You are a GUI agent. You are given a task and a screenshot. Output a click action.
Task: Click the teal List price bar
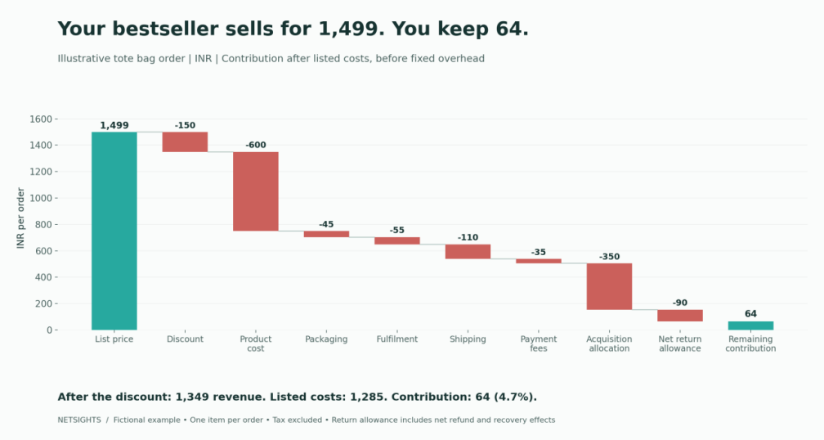pyautogui.click(x=114, y=231)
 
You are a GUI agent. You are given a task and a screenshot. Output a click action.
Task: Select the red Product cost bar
pyautogui.click(x=256, y=191)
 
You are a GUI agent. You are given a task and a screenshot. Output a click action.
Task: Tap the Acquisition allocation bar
pyautogui.click(x=610, y=286)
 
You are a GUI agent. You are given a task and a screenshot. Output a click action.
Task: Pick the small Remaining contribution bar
pyautogui.click(x=750, y=326)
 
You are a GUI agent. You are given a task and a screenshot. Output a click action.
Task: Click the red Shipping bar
pyautogui.click(x=468, y=251)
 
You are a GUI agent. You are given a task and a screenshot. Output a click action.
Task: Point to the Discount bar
pyautogui.click(x=185, y=142)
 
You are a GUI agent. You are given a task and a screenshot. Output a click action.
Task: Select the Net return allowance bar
pyautogui.click(x=680, y=316)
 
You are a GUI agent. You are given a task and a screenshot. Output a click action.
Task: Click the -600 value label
pyautogui.click(x=256, y=145)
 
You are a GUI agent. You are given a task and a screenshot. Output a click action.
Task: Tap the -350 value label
pyautogui.click(x=610, y=257)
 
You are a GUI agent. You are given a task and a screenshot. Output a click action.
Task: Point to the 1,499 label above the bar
pyautogui.click(x=114, y=125)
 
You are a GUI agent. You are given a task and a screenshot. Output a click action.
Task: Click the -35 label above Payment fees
pyautogui.click(x=539, y=253)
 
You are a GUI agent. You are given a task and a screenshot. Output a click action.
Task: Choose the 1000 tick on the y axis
pyautogui.click(x=41, y=198)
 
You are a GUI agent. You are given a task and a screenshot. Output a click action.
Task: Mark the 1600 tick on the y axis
pyautogui.click(x=41, y=119)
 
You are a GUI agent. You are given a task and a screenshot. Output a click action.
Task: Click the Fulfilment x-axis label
pyautogui.click(x=397, y=339)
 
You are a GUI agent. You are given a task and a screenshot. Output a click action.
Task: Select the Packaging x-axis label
pyautogui.click(x=326, y=339)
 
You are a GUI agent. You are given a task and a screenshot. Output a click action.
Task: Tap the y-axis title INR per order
pyautogui.click(x=21, y=218)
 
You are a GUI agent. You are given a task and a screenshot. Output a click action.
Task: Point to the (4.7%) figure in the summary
pyautogui.click(x=516, y=397)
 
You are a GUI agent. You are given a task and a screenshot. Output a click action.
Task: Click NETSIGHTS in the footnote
pyautogui.click(x=79, y=420)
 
